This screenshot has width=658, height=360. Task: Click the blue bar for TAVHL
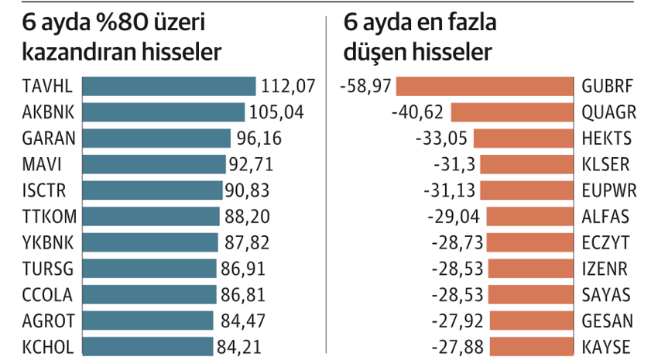pyautogui.click(x=168, y=86)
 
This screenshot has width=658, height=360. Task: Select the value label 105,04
pyautogui.click(x=276, y=112)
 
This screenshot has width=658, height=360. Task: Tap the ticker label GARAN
pyautogui.click(x=49, y=139)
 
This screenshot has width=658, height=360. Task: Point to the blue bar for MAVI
pyautogui.click(x=154, y=164)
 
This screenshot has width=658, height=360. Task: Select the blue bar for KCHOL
pyautogui.click(x=147, y=346)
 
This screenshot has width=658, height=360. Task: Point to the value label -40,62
pyautogui.click(x=418, y=112)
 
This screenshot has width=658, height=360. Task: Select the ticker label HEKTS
pyautogui.click(x=606, y=139)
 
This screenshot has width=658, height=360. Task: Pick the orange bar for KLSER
pyautogui.click(x=526, y=164)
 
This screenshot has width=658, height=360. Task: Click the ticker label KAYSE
pyautogui.click(x=606, y=346)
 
